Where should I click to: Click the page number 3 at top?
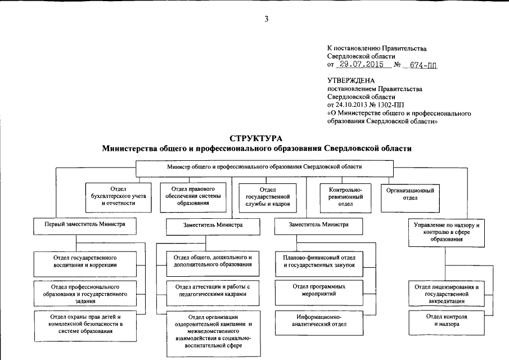point(267,19)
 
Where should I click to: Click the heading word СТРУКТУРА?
point(256,138)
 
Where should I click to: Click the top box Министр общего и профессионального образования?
point(264,167)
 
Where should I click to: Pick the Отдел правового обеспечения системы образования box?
point(195,196)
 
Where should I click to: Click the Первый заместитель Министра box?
point(85,224)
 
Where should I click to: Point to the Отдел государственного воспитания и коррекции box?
point(85,261)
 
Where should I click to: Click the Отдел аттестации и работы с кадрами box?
point(209,290)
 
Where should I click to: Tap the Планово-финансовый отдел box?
point(319,261)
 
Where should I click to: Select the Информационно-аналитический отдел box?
point(319,319)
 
